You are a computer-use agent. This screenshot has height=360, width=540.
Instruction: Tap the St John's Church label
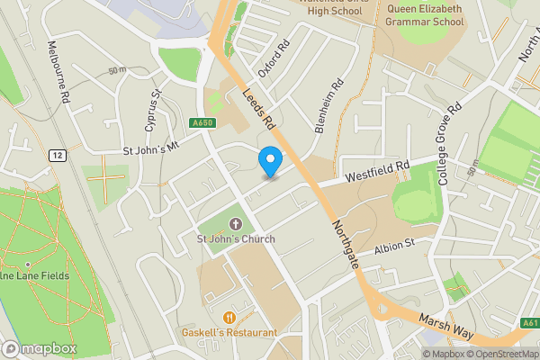pyautogui.click(x=236, y=238)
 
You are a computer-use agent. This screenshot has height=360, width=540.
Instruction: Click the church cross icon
pyautogui.click(x=236, y=223)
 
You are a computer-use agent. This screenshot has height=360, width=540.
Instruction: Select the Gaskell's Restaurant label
pyautogui.click(x=229, y=332)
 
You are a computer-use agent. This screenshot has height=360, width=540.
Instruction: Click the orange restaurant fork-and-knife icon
pyautogui.click(x=229, y=317)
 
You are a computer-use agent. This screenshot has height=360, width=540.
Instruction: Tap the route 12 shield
pyautogui.click(x=58, y=155)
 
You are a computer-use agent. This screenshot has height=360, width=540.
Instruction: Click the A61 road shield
pyautogui.click(x=529, y=323)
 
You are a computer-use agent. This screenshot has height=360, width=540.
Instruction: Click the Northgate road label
pyautogui.click(x=346, y=245)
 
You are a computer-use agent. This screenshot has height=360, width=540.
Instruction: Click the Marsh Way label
pyautogui.click(x=445, y=326)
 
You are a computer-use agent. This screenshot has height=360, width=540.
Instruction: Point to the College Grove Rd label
pyautogui.click(x=449, y=144)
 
